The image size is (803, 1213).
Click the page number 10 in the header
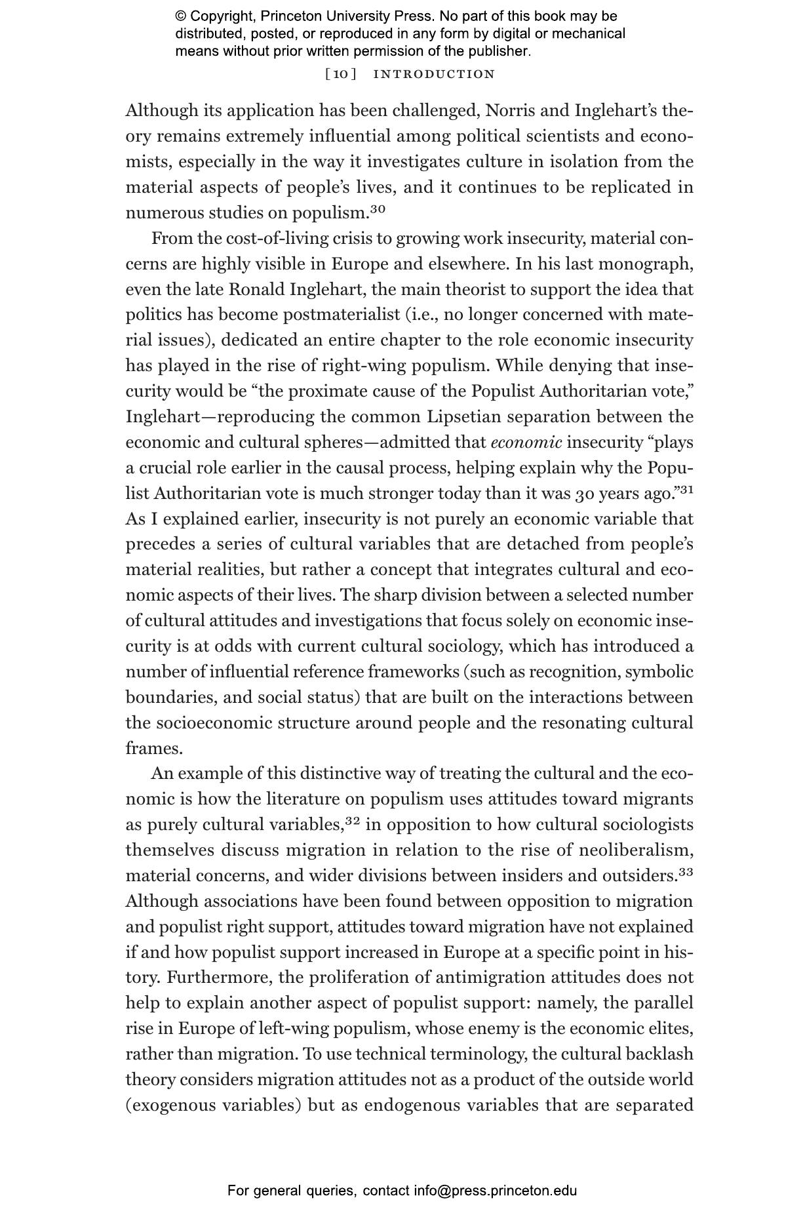341,74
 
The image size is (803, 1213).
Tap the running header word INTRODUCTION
434,74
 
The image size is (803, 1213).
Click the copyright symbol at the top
180,16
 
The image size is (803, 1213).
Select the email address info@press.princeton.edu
495,1191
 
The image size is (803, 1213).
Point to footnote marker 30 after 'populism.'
378,209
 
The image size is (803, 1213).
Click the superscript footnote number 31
686,489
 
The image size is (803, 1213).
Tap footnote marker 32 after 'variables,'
353,821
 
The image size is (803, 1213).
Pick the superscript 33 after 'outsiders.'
686,872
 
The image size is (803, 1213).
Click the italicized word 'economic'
526,443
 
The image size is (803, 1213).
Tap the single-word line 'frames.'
154,748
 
